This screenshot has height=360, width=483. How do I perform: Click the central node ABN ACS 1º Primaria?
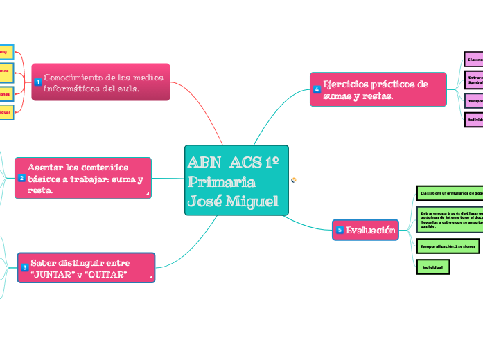point(236,180)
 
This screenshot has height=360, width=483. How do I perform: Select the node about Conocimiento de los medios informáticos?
point(104,82)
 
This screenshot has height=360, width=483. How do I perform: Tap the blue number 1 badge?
point(38,82)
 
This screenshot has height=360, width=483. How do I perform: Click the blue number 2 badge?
point(22,178)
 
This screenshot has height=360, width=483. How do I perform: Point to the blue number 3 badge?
point(24,267)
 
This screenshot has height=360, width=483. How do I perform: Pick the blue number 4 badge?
point(317,89)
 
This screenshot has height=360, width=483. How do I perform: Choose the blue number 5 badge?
point(339,230)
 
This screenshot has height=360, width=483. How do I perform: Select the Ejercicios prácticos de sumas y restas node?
point(378,90)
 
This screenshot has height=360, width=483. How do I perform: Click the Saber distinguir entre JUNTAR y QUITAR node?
point(87,267)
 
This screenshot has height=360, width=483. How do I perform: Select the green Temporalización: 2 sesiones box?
point(448,246)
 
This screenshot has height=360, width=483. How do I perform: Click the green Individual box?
point(433,265)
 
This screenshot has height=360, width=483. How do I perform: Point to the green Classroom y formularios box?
point(449,192)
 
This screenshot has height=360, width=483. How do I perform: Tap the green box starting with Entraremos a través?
point(449,218)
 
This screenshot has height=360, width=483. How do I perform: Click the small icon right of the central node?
point(295,179)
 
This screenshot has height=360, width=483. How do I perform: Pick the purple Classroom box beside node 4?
point(474,60)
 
